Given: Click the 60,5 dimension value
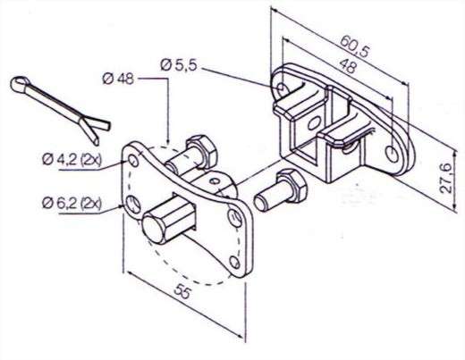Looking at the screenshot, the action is click(x=355, y=46).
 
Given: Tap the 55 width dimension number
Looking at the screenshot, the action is click(x=182, y=291).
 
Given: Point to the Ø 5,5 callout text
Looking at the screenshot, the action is click(x=179, y=65).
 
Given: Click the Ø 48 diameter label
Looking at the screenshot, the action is click(x=118, y=80).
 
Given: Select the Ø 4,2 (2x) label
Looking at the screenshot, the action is click(x=72, y=160).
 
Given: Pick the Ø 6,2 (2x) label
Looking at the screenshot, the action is click(x=72, y=204).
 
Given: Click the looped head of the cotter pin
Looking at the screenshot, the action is click(x=21, y=84).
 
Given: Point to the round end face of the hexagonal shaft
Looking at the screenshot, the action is click(x=153, y=229).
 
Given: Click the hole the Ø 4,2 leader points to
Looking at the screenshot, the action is click(x=133, y=161).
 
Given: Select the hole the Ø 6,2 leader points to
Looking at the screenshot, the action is click(x=133, y=205).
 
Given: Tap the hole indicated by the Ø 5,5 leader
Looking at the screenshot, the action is click(x=281, y=88).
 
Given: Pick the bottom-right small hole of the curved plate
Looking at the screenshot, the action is click(x=235, y=263).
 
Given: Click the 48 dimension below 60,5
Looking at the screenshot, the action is click(x=348, y=66).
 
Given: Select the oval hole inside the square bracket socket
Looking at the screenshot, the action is click(x=314, y=122).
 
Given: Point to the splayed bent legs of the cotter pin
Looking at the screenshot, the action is click(x=93, y=129).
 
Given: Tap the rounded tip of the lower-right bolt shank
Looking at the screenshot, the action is click(x=260, y=202).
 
